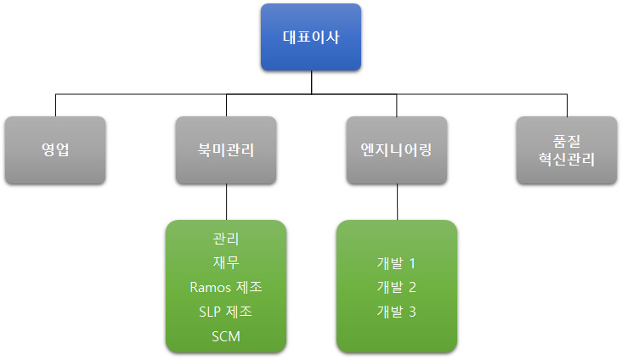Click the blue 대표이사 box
coord(311,37)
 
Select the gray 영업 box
coord(55,150)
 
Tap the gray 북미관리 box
coord(226,150)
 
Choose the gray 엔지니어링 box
coord(397,150)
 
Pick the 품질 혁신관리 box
coord(567,150)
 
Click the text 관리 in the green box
coord(226,239)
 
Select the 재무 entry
coord(226,262)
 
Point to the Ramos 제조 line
coord(226,287)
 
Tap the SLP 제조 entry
coord(226,312)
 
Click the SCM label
coord(226,336)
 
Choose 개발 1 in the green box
coord(396,263)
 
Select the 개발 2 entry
coord(396,287)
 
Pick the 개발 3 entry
coord(396,312)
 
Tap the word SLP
coord(210,312)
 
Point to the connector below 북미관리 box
coord(227,202)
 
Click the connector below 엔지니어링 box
coord(397,202)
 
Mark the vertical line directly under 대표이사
coord(311,82)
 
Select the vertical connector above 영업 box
coord(55,105)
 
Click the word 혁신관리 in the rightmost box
coord(567,160)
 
